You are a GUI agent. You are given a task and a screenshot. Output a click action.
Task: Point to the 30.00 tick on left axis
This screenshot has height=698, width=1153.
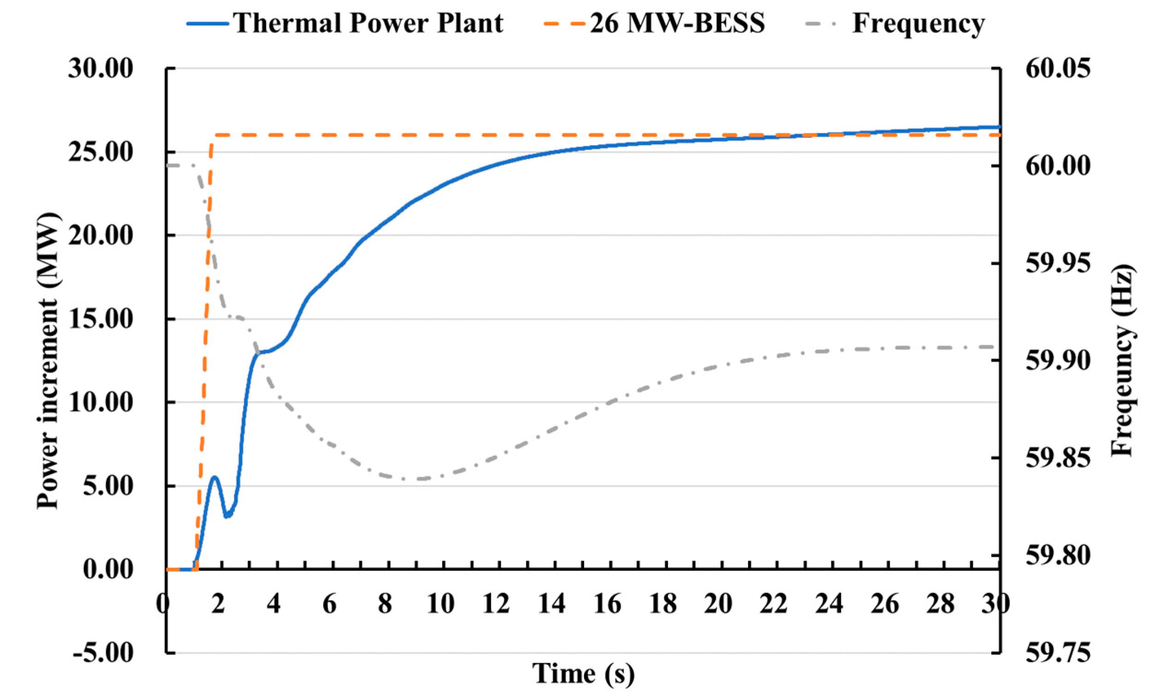[100, 69]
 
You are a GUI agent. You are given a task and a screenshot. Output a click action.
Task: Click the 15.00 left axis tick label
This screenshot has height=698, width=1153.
[100, 319]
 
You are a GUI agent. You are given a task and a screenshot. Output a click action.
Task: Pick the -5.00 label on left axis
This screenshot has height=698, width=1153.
[103, 652]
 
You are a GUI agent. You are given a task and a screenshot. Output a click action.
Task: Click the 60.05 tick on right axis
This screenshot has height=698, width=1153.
[1058, 69]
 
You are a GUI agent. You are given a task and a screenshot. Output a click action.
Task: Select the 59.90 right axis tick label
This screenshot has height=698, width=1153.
[1058, 360]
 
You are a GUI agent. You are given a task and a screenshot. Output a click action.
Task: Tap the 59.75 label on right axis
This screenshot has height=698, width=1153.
[1058, 652]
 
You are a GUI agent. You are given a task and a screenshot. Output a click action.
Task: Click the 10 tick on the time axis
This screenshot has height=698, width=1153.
[440, 604]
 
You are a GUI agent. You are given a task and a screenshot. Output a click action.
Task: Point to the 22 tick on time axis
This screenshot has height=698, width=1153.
[773, 604]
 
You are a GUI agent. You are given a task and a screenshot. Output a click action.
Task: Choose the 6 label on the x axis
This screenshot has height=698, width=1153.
[329, 604]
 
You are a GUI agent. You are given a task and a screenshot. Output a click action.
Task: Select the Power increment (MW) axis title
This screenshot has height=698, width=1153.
[48, 360]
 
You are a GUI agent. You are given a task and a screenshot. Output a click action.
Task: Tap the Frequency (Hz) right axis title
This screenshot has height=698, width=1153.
[1122, 360]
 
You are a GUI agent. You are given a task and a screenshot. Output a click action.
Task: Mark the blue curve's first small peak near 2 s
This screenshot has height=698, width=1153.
[215, 477]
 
